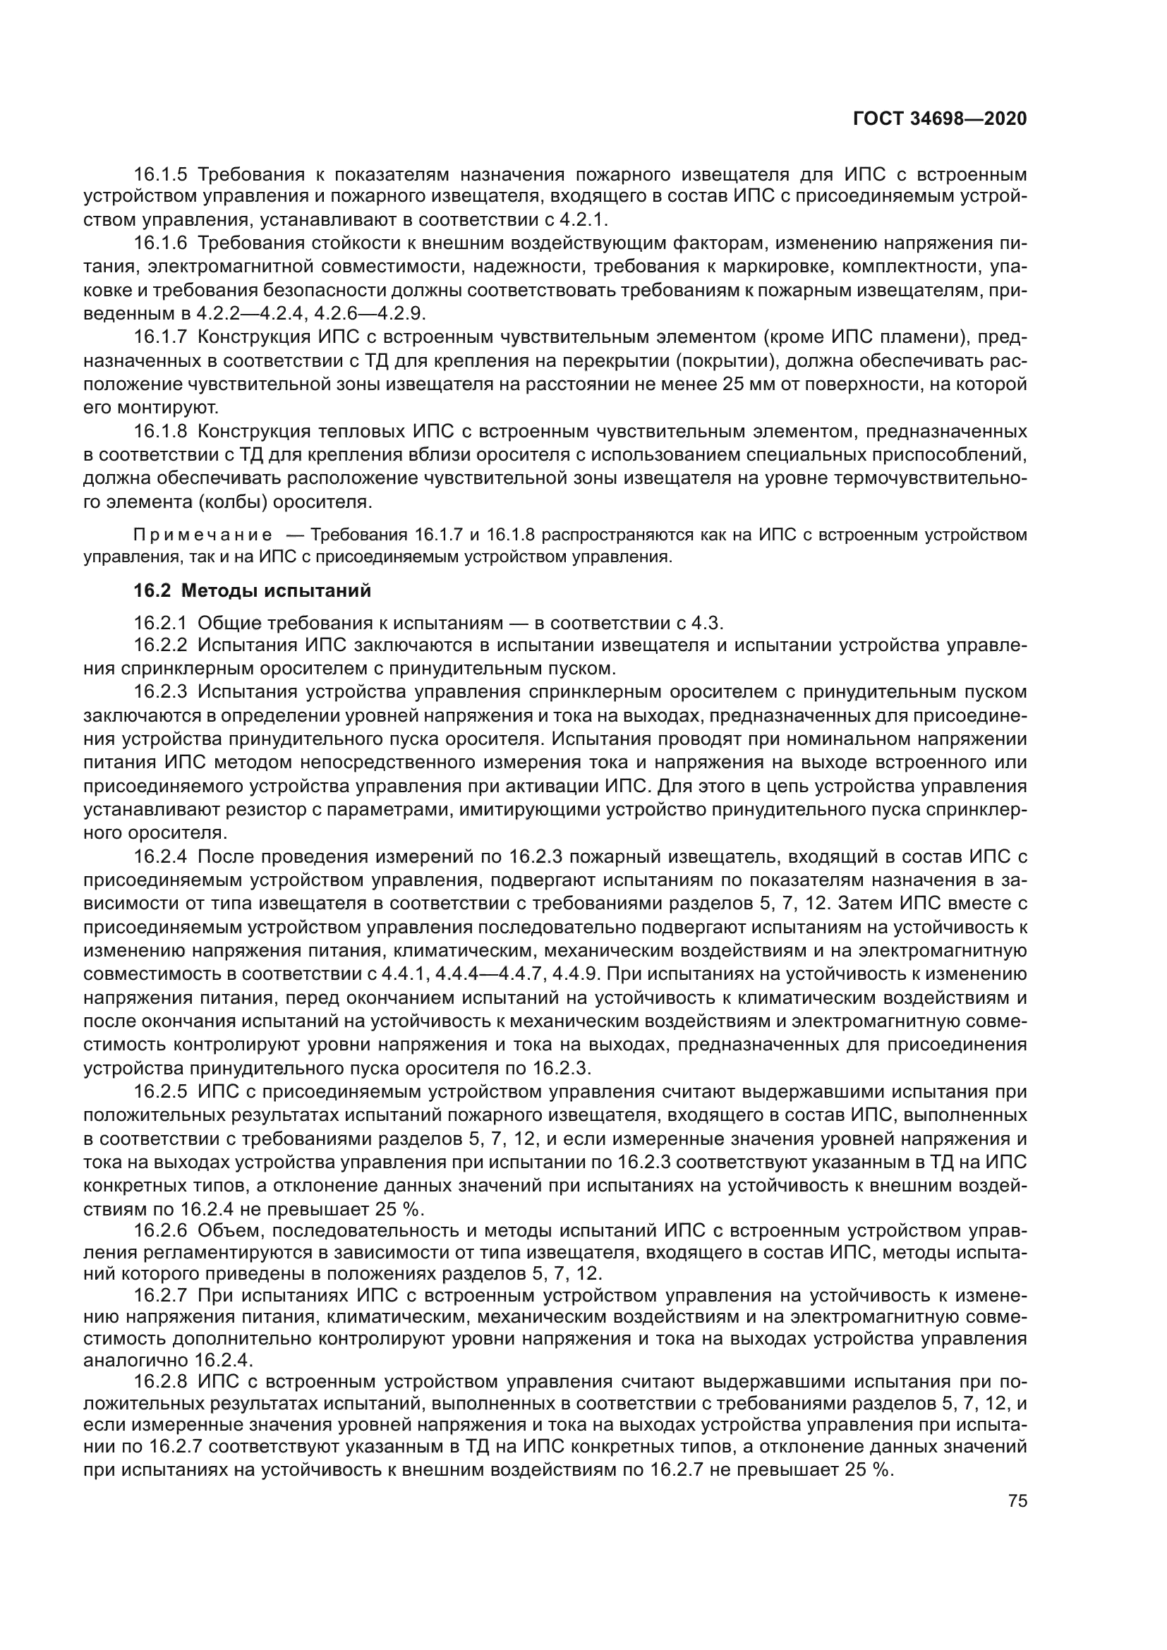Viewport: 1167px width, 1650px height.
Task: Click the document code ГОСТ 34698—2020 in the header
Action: pos(940,119)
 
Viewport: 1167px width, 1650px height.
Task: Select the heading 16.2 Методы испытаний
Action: pos(253,590)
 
